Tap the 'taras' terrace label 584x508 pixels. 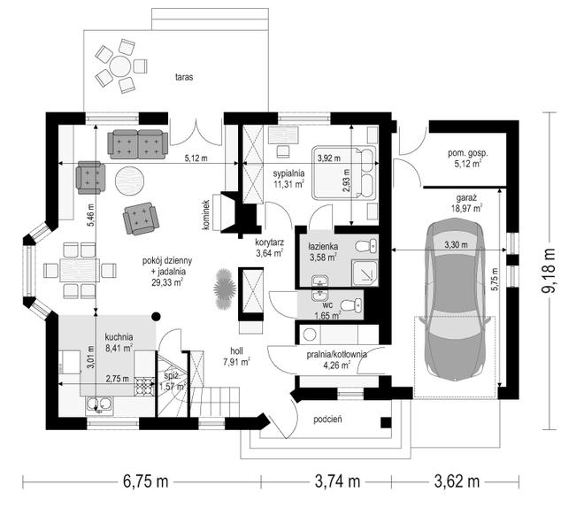click(x=184, y=77)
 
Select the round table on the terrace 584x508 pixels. click(x=120, y=66)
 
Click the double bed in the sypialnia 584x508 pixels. click(x=344, y=172)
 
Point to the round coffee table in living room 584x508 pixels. click(x=129, y=181)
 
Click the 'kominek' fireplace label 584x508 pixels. click(x=206, y=215)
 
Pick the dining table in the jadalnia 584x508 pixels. click(x=80, y=270)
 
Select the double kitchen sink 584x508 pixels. click(x=99, y=405)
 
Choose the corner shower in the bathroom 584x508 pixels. click(x=365, y=273)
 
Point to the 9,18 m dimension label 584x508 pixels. click(x=549, y=271)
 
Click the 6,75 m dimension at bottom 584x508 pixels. click(x=146, y=481)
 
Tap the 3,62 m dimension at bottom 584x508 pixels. click(x=457, y=481)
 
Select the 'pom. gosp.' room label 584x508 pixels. click(x=468, y=153)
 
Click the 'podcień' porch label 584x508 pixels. click(x=327, y=419)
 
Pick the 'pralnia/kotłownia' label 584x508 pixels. click(x=337, y=354)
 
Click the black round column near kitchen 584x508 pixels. click(x=157, y=317)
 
